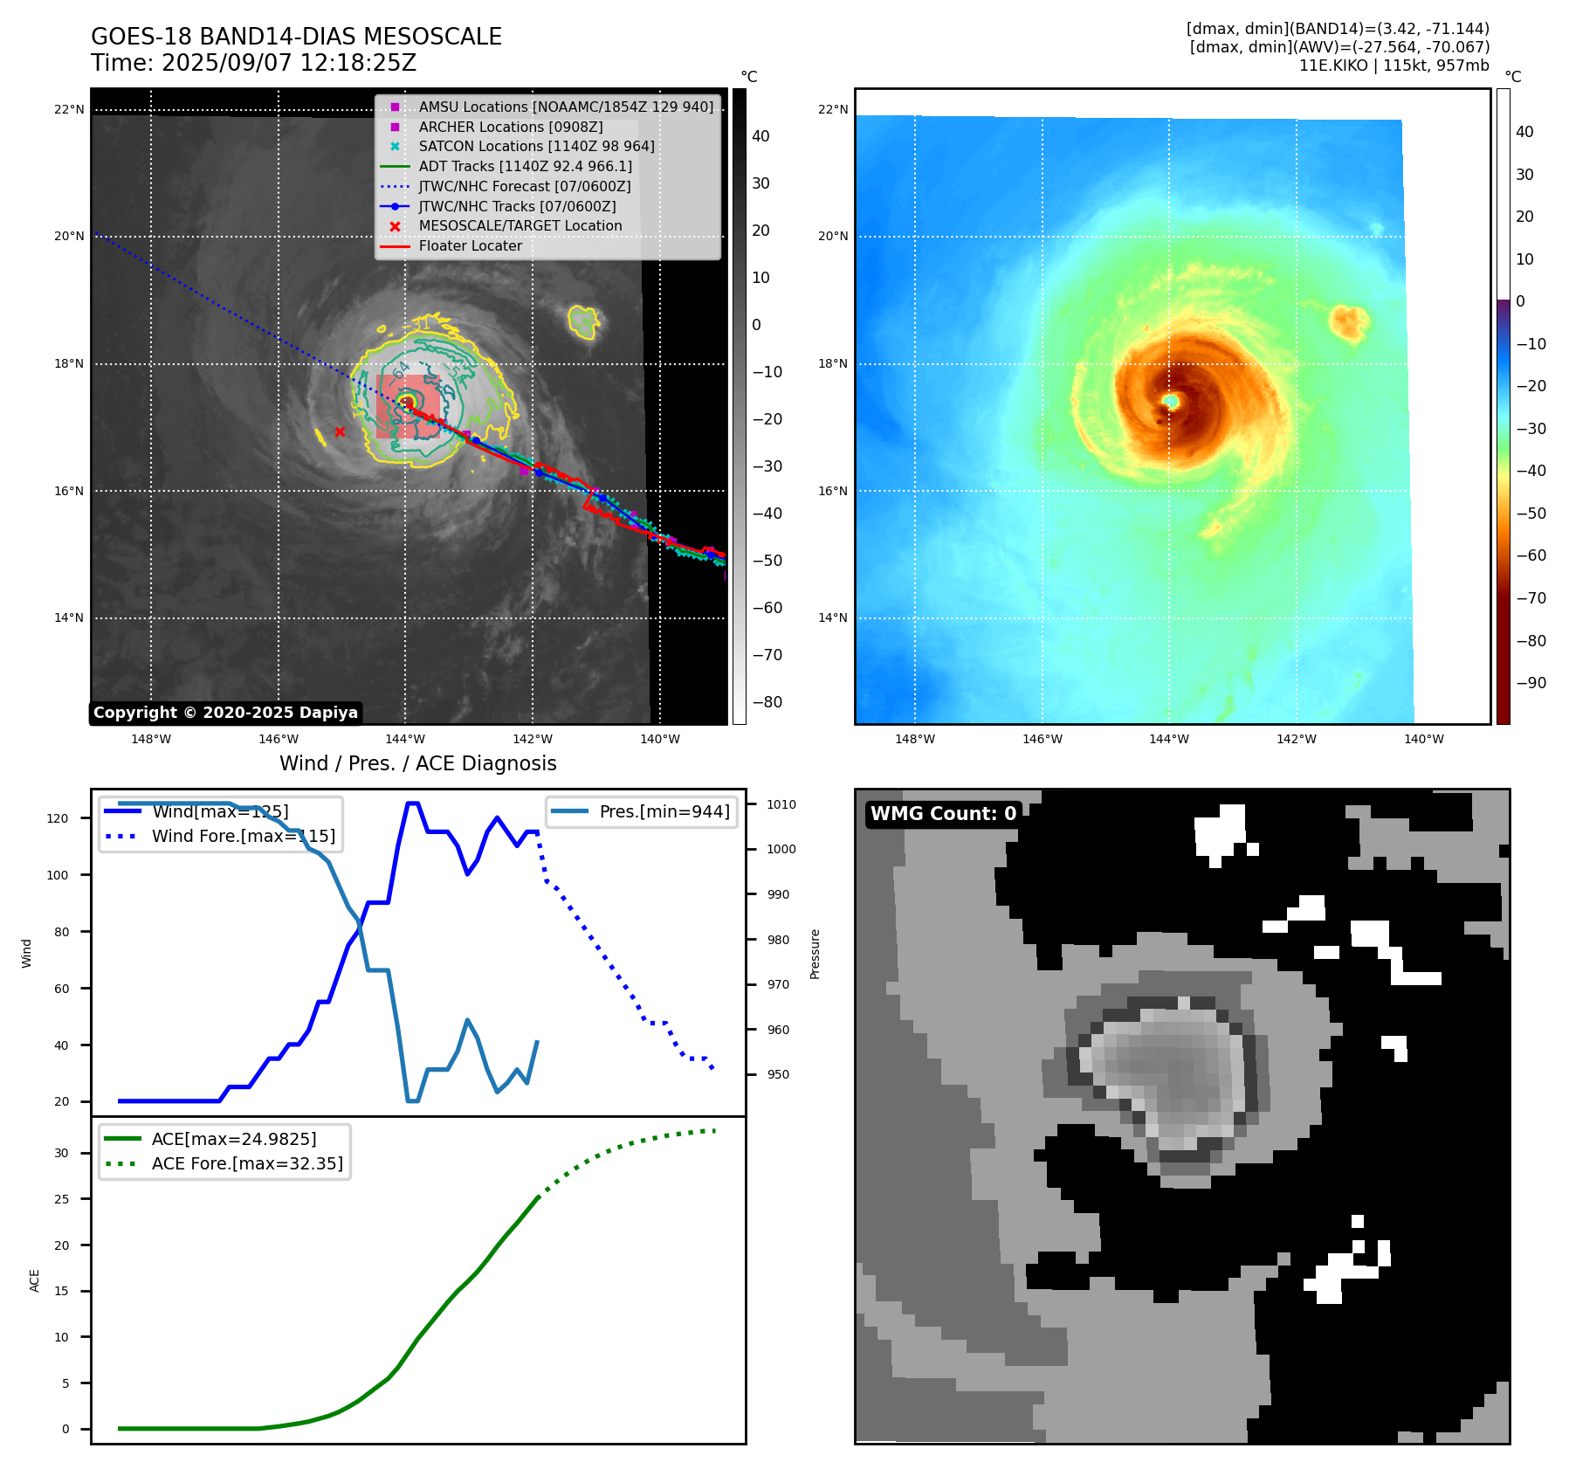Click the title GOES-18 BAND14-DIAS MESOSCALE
pyautogui.click(x=296, y=37)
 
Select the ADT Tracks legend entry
pyautogui.click(x=525, y=166)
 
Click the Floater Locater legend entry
pyautogui.click(x=470, y=245)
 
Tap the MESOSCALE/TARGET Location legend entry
pyautogui.click(x=520, y=225)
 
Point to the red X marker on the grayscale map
pyautogui.click(x=340, y=431)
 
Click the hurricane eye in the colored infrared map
pyautogui.click(x=1171, y=401)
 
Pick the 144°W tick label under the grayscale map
pyautogui.click(x=405, y=739)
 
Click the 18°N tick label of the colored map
pyautogui.click(x=832, y=363)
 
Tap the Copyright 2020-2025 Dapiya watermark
pyautogui.click(x=225, y=713)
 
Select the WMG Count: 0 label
pyautogui.click(x=943, y=814)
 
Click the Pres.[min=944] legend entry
pyautogui.click(x=664, y=811)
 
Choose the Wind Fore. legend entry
pyautogui.click(x=243, y=836)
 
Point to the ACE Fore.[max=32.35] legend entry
pyautogui.click(x=247, y=1163)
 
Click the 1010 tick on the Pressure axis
pyautogui.click(x=781, y=804)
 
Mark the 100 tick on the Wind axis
pyautogui.click(x=58, y=875)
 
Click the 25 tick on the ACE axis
pyautogui.click(x=61, y=1199)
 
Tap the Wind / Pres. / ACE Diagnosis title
pyautogui.click(x=417, y=763)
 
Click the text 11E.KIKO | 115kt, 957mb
pyautogui.click(x=1394, y=66)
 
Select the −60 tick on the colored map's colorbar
pyautogui.click(x=1531, y=555)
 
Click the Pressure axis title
pyautogui.click(x=815, y=954)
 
